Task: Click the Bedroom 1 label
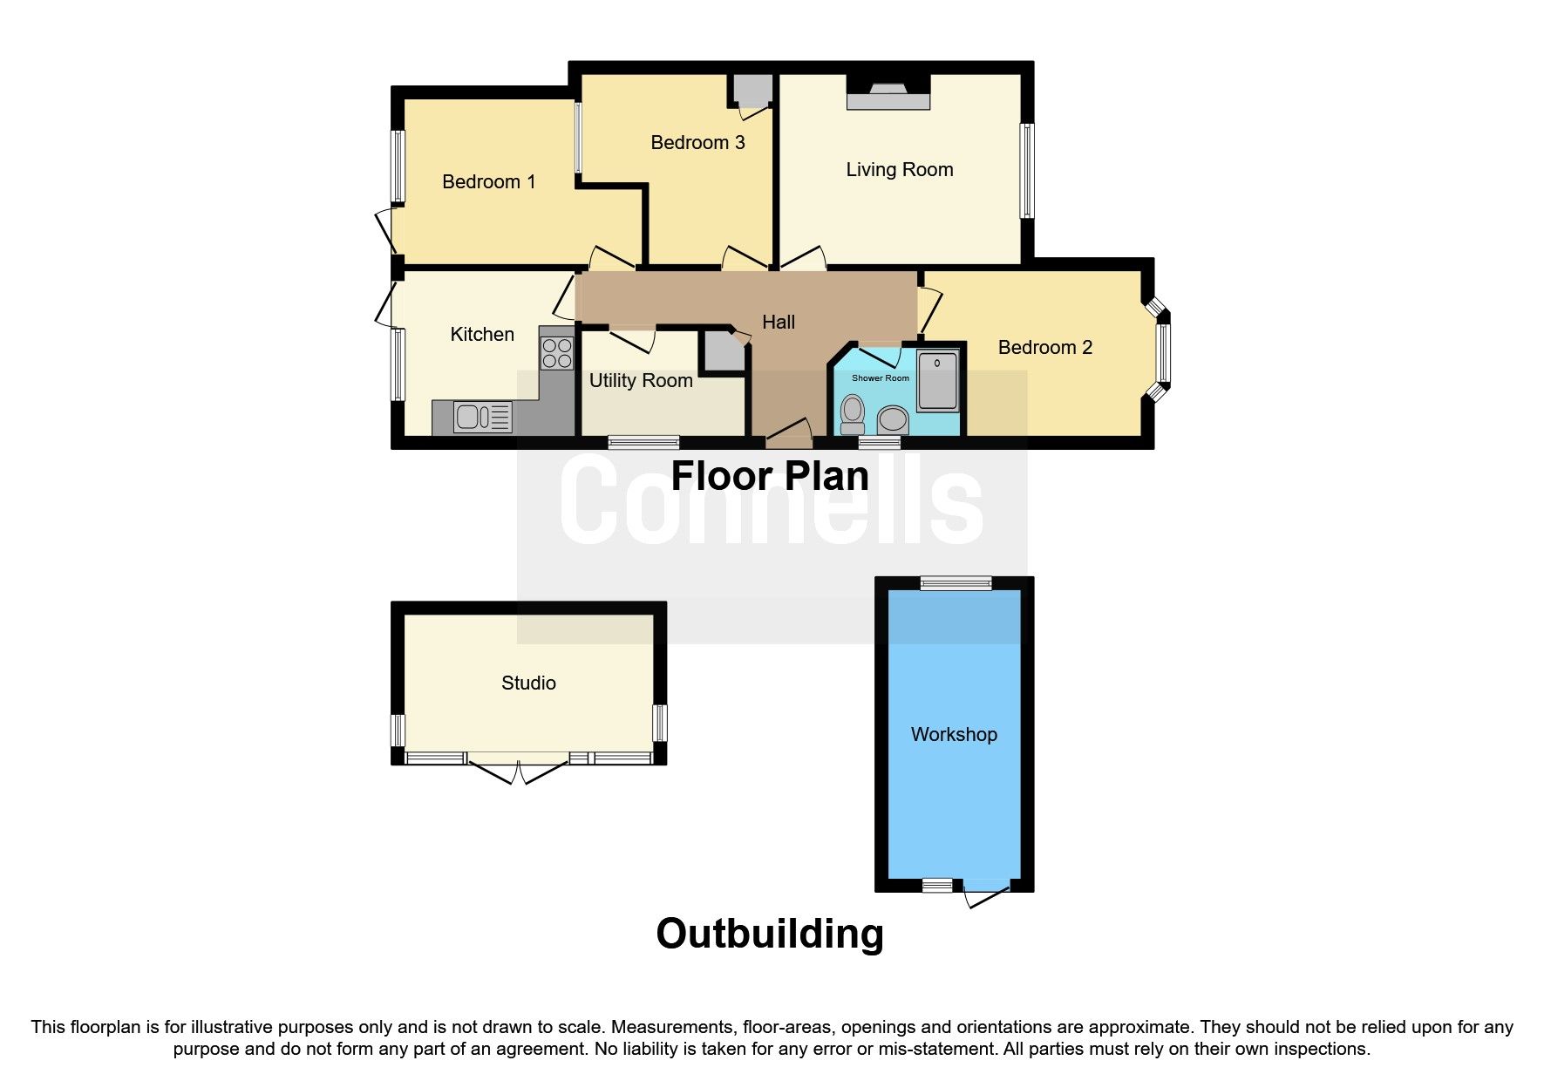coord(488,182)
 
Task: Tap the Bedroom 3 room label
coord(697,143)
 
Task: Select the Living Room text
coord(899,170)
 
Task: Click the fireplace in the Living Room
coord(888,96)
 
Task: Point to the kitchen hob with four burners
coord(557,353)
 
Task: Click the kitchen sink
coord(482,418)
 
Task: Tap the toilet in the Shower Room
coord(851,414)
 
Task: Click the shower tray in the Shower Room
coord(937,378)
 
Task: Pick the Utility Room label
coord(641,381)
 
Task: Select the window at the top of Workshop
coord(956,583)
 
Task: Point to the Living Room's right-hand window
coord(1027,170)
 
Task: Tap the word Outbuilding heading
coord(770,934)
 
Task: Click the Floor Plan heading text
coord(770,476)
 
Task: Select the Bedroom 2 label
coord(1044,348)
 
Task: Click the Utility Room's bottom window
coord(643,442)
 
